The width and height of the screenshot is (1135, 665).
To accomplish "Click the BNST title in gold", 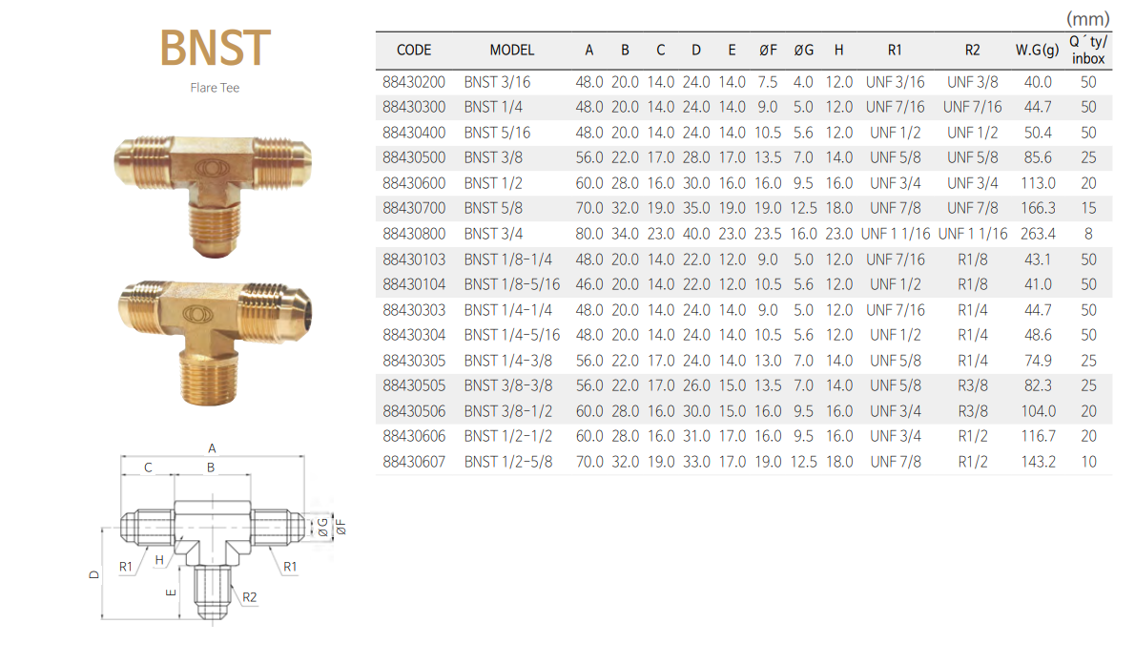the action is (x=215, y=48).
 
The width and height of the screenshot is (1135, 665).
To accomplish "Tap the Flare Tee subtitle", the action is (x=215, y=88).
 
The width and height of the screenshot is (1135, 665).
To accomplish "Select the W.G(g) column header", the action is (x=1037, y=50).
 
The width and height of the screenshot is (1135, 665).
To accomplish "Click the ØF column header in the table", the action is (x=768, y=50).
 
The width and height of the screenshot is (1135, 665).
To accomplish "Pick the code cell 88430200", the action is (x=414, y=83).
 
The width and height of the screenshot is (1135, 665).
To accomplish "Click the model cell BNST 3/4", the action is (x=494, y=234).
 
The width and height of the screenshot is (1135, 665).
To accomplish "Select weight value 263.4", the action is (x=1038, y=234).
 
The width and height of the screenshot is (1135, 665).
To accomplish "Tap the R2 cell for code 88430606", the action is (x=973, y=436).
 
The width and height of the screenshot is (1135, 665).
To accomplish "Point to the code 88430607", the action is (x=414, y=462).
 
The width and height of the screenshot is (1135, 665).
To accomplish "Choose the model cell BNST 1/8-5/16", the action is (x=512, y=284).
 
